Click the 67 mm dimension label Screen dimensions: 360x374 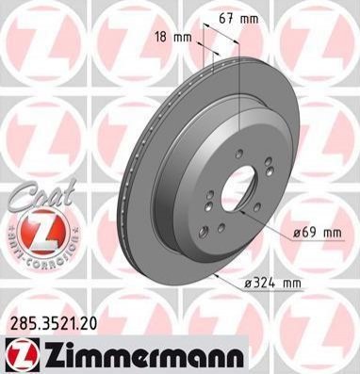[x=238, y=20]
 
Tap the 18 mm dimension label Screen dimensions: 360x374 [x=173, y=38]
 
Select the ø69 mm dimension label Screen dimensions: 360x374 [x=317, y=233]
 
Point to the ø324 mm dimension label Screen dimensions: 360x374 [x=272, y=284]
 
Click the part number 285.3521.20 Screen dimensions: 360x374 [x=54, y=324]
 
